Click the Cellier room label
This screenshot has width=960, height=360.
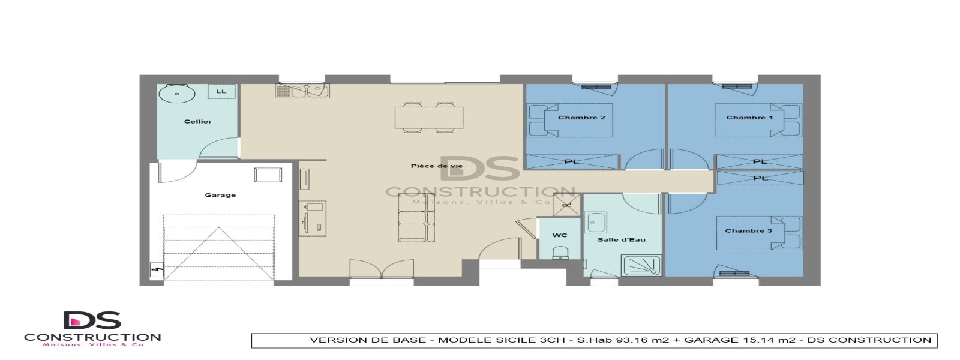click(x=197, y=122)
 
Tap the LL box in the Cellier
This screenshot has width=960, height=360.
click(x=221, y=91)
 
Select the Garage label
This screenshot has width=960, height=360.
click(x=220, y=195)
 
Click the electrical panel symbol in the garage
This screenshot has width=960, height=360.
click(x=157, y=271)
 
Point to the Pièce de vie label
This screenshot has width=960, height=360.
click(x=437, y=166)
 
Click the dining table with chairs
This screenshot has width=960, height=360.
click(x=428, y=118)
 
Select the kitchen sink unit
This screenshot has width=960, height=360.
click(x=302, y=91)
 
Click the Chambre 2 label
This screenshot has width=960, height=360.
click(x=581, y=118)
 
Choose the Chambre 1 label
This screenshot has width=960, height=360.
click(x=749, y=118)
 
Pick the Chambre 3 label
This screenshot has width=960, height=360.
click(x=748, y=230)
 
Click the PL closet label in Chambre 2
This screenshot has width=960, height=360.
click(x=571, y=162)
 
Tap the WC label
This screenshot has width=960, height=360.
click(x=559, y=235)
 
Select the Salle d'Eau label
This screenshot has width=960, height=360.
click(x=621, y=239)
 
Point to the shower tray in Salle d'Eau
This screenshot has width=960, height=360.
click(x=641, y=265)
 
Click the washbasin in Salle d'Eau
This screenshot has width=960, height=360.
click(x=596, y=221)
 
